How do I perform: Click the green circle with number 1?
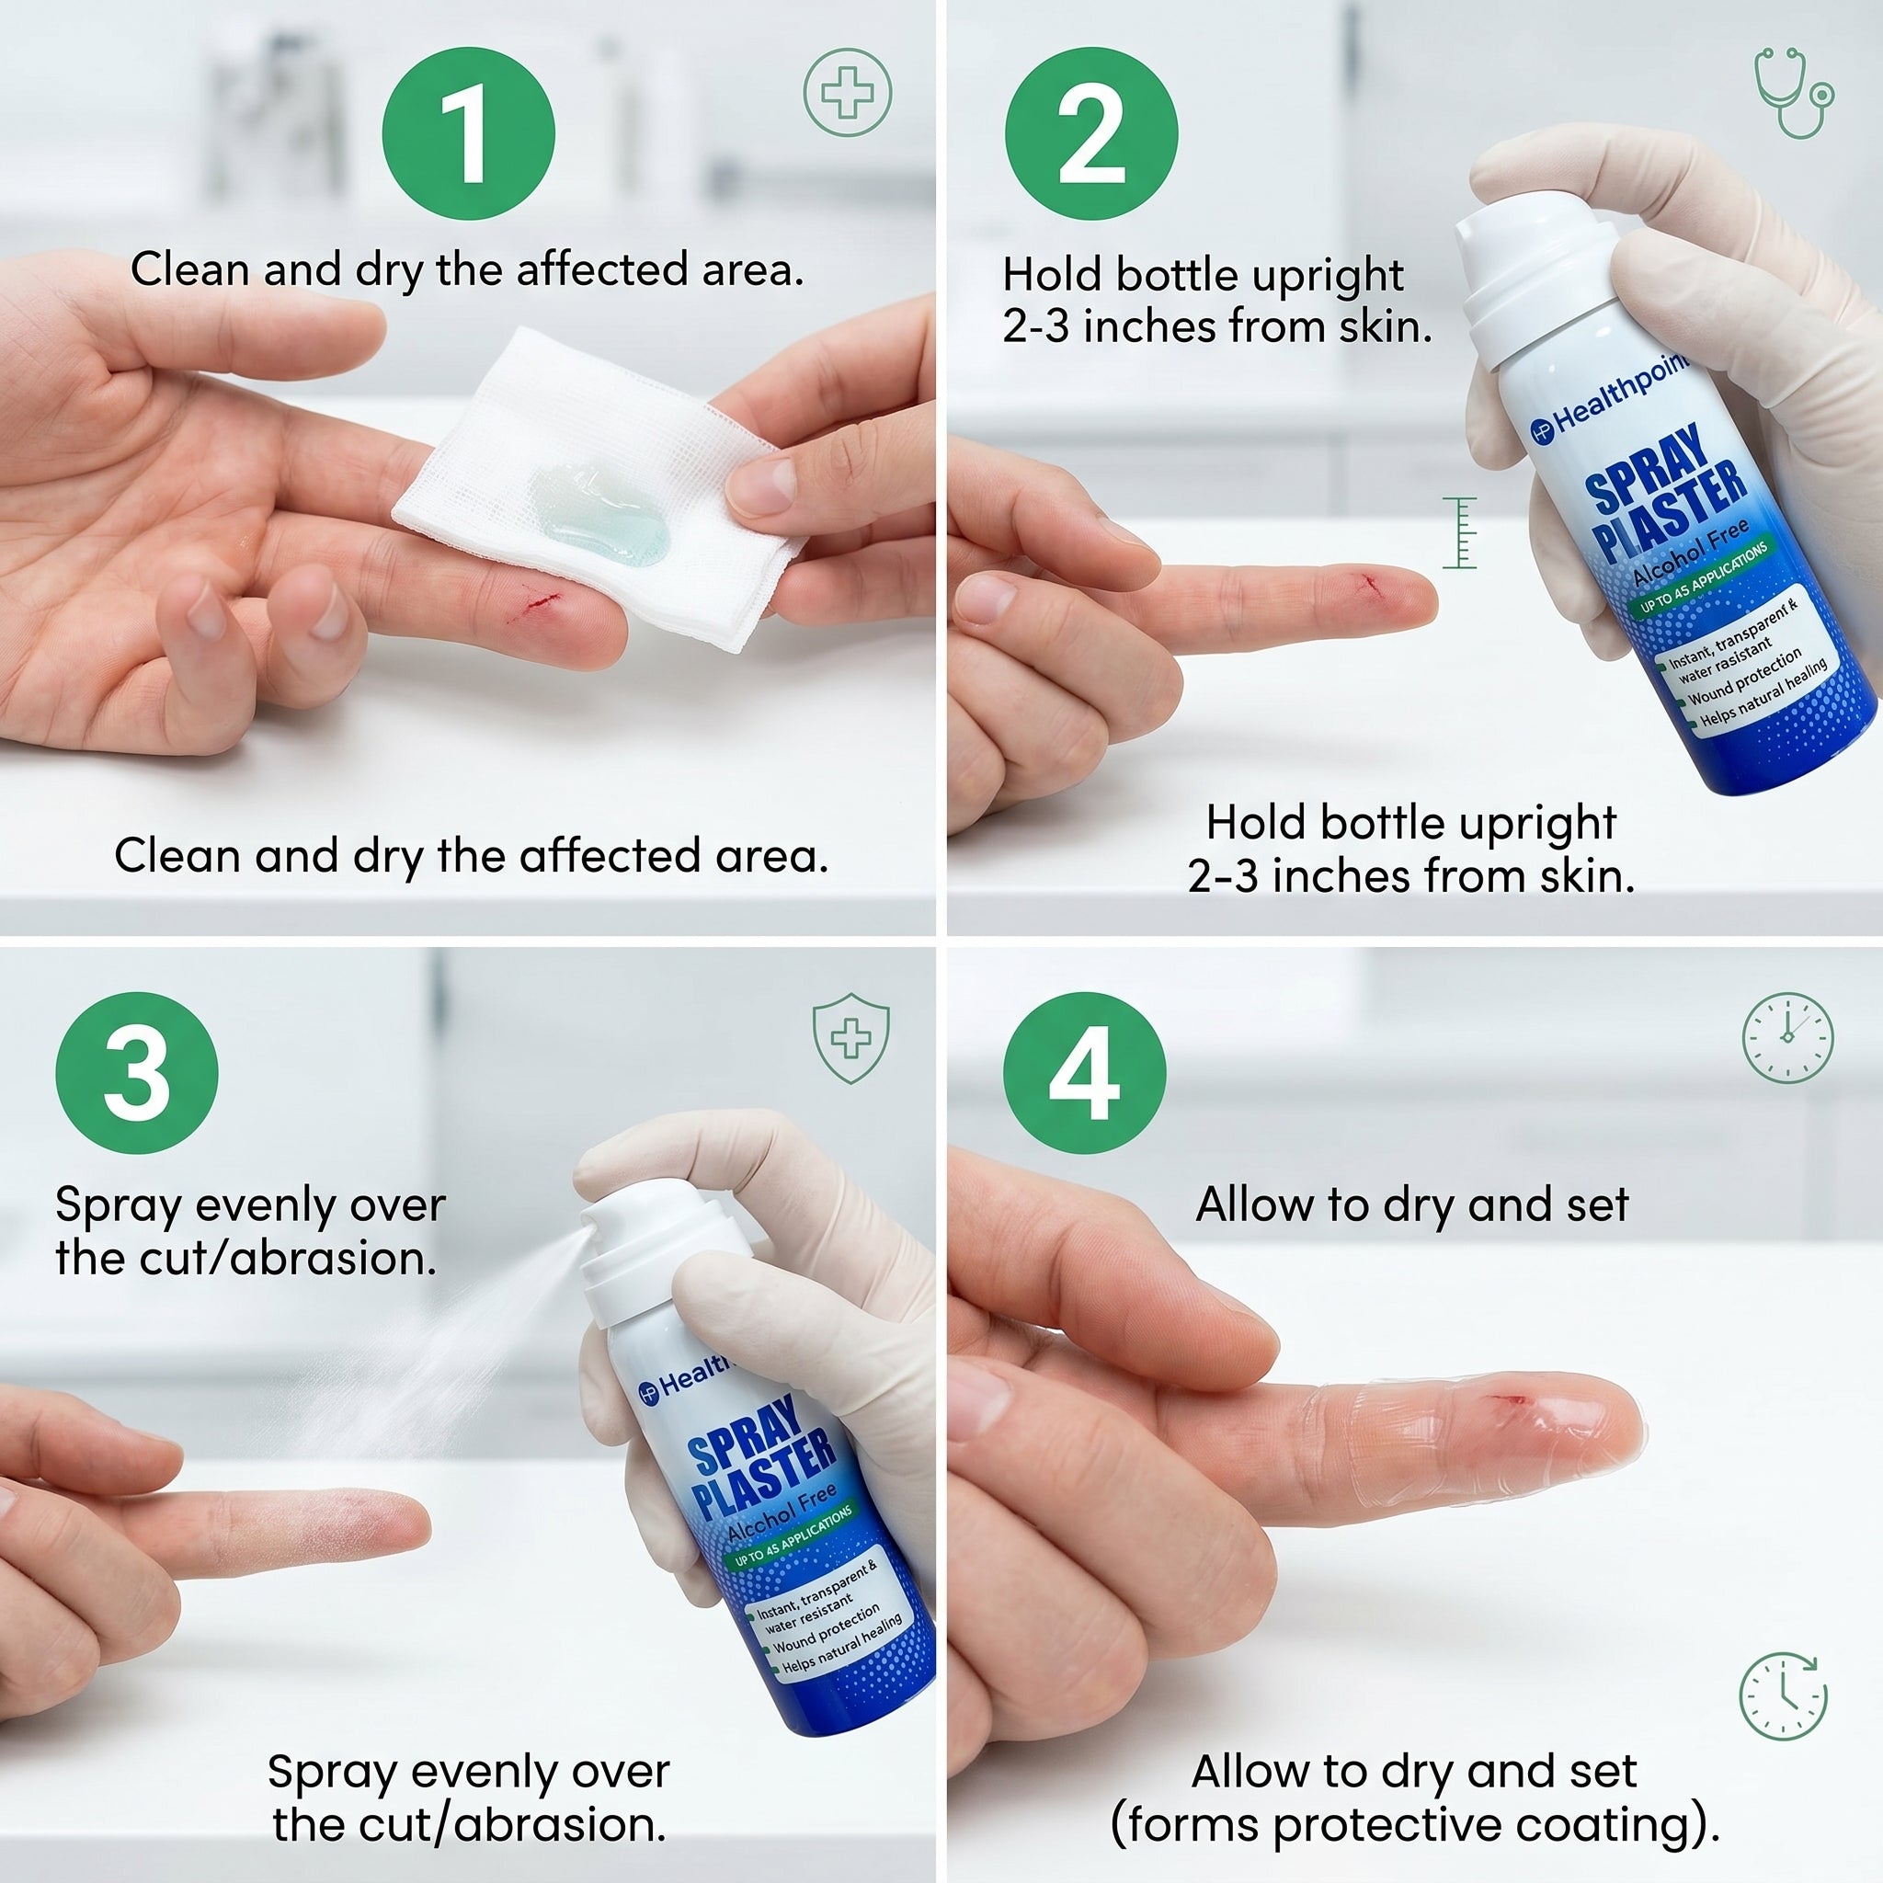tap(468, 133)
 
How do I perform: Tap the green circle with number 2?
tap(1090, 133)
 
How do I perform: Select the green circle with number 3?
tap(136, 1072)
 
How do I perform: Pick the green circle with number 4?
tap(1084, 1072)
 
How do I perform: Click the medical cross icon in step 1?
tap(847, 93)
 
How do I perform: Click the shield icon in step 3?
tap(850, 1038)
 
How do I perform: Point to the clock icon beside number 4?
tap(1787, 1037)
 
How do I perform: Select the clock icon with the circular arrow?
tap(1784, 1695)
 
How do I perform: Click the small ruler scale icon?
tap(1460, 532)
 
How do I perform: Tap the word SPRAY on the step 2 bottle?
tap(1647, 467)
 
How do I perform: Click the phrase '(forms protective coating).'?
tap(1414, 1824)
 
